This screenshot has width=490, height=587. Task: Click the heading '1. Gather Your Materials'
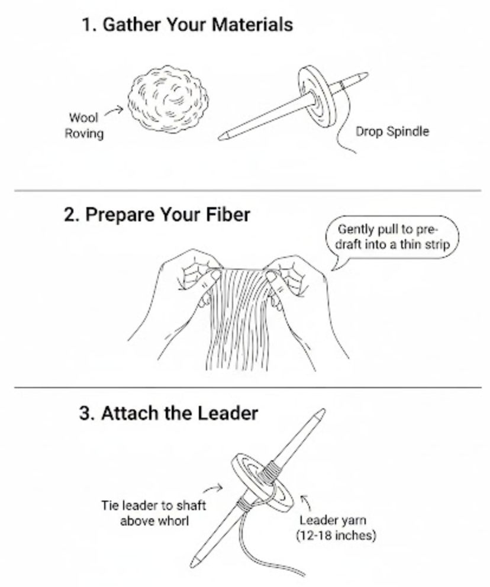[x=187, y=25]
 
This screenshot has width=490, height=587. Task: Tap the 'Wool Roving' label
[x=84, y=125]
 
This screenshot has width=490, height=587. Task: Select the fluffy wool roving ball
[x=168, y=99]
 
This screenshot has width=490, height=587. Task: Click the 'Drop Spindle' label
[x=392, y=131]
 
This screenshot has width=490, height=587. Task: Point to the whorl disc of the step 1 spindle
[x=317, y=96]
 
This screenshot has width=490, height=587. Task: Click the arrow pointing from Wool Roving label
[x=114, y=111]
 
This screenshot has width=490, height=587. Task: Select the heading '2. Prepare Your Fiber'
[x=157, y=215]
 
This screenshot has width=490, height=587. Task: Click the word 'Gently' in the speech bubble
[x=356, y=229]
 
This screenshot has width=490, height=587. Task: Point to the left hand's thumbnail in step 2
[x=215, y=276]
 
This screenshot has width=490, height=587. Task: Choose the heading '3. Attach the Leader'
[x=169, y=413]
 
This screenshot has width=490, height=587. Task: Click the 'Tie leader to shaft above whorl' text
[x=153, y=513]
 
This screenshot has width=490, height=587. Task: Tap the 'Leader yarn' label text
[x=333, y=520]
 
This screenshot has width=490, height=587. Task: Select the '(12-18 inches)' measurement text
[x=336, y=536]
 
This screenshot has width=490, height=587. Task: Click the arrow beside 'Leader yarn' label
[x=307, y=502]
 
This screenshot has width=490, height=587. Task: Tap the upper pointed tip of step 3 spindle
[x=324, y=411]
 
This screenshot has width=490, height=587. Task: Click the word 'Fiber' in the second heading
[x=228, y=215]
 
